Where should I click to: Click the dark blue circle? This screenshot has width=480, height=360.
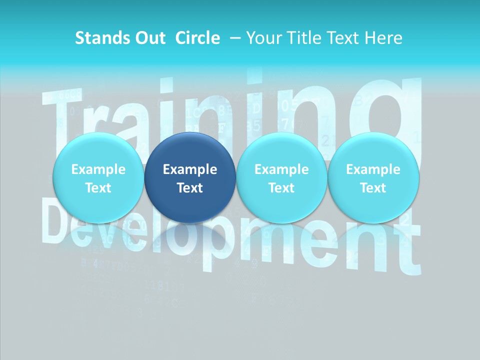[190, 177]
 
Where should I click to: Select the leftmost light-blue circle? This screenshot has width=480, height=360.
[98, 177]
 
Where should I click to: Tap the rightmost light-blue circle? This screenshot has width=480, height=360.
[373, 177]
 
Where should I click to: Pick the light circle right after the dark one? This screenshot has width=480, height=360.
[281, 177]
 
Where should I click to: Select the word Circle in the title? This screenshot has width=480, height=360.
[197, 38]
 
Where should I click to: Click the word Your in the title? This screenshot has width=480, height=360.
[262, 38]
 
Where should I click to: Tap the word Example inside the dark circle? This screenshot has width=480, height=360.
[190, 169]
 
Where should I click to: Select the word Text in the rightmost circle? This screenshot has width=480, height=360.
[373, 188]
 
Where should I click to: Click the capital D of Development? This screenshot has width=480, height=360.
[57, 220]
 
